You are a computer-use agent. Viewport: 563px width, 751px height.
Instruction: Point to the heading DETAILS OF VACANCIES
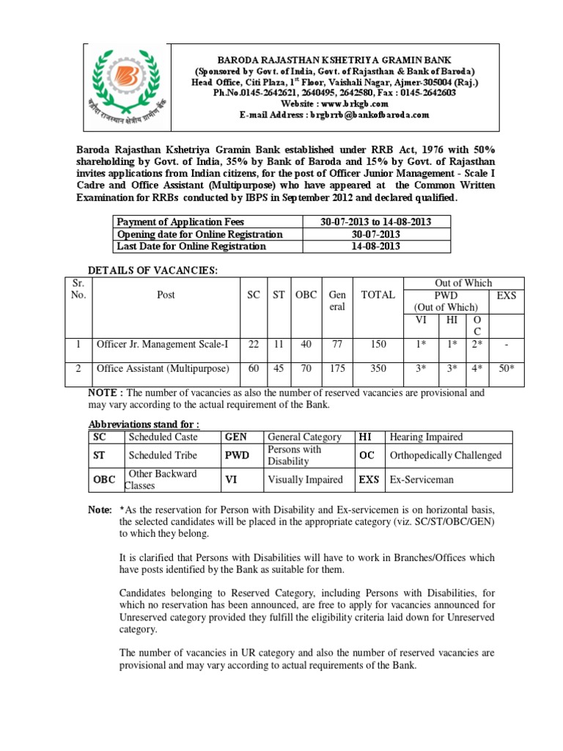pos(153,271)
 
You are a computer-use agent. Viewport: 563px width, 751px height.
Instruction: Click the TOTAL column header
pos(378,295)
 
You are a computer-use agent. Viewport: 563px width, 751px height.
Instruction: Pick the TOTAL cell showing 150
pos(378,343)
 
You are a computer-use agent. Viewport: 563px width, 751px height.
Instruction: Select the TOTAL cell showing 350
pos(378,369)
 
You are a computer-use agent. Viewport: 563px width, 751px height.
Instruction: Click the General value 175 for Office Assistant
pos(337,369)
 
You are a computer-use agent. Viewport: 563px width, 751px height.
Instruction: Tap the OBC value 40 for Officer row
pos(306,343)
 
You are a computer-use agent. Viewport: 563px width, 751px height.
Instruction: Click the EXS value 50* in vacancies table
pos(506,369)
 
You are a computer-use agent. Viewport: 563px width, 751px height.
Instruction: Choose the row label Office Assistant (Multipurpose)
pos(163,369)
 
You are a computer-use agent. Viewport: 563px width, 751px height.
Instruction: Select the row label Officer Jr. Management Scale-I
pos(163,343)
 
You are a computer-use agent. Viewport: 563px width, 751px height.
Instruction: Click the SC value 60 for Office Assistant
pos(254,369)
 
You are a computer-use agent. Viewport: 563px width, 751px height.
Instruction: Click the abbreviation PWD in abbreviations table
pos(238,455)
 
